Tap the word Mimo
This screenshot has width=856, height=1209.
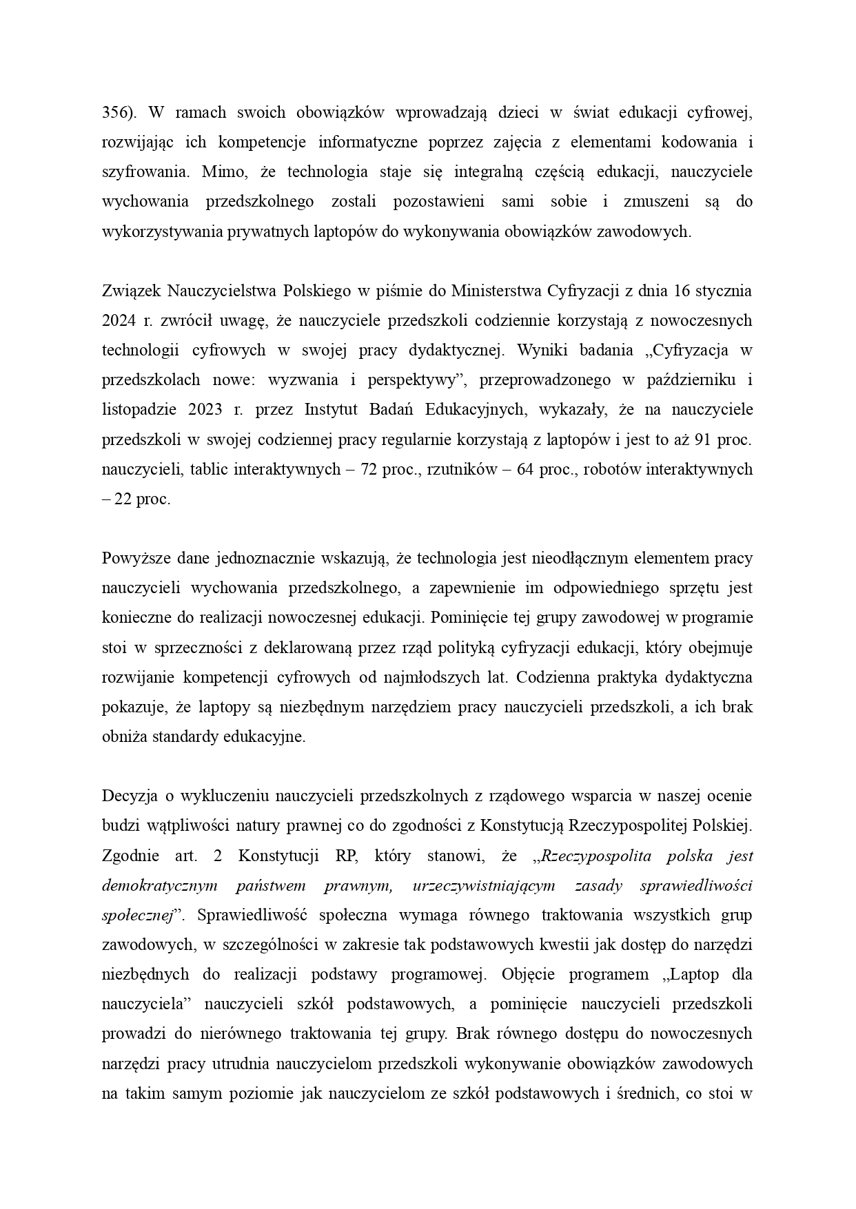[x=220, y=172]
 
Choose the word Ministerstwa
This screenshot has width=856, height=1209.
[x=495, y=291]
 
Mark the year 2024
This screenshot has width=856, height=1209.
[x=119, y=321]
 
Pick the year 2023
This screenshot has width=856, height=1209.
[x=205, y=410]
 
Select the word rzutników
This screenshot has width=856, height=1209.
[x=460, y=470]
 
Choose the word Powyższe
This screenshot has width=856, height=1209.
[x=136, y=559]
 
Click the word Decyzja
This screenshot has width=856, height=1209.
[x=130, y=797]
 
